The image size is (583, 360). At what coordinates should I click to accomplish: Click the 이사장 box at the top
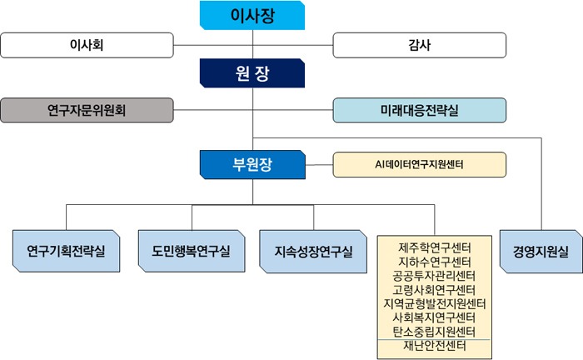coord(252,15)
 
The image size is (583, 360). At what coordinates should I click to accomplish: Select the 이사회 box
coord(87,45)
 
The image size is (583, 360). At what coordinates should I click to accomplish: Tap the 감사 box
coord(420,45)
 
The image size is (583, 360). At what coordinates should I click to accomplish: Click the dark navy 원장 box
coord(252,72)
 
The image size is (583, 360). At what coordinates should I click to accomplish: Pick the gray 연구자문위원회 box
coord(87,110)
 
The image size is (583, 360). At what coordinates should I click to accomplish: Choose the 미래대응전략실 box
coord(420,110)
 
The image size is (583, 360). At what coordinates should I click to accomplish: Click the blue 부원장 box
coord(252,164)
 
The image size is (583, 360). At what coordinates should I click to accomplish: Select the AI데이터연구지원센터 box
coord(420,164)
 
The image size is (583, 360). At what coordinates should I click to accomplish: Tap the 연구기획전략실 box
coord(66,251)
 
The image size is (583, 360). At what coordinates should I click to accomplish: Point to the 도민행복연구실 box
coord(192,251)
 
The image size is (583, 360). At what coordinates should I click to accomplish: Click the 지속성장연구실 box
coord(313,252)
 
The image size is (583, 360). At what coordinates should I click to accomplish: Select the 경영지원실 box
coord(541,252)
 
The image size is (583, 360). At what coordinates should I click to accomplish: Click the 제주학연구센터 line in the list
coord(435,247)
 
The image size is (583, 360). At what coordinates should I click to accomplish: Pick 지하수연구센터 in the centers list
coord(435,262)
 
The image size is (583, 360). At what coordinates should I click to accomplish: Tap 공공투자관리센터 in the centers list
coord(434,276)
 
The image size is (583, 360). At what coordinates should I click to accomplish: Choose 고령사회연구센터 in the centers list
coord(434,290)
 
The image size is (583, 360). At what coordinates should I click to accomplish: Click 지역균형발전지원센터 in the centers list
coord(435,303)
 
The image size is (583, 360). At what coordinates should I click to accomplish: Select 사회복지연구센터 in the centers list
coord(434,317)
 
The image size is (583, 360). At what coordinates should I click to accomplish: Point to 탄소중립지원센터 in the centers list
coord(434,332)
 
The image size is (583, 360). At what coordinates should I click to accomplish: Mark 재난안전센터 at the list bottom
coord(435,346)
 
